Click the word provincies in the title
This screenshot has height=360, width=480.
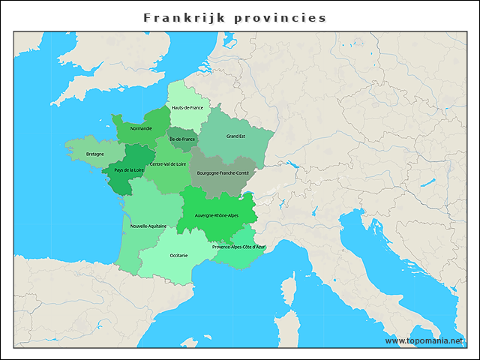point(283,17)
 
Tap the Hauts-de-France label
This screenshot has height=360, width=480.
point(187,107)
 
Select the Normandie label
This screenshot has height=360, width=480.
point(141,128)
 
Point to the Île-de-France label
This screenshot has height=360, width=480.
point(182,139)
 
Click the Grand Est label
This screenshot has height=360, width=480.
point(236,136)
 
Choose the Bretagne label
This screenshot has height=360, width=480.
point(95,154)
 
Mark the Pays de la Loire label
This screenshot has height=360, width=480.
point(128,170)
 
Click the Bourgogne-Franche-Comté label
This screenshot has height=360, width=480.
point(223,172)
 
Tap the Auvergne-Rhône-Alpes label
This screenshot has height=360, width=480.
point(216,215)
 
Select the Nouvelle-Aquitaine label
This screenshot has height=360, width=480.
point(148,225)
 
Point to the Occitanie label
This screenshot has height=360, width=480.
point(178,255)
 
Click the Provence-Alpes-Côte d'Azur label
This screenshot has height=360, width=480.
point(238,247)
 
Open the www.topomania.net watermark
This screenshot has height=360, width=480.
point(424,340)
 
